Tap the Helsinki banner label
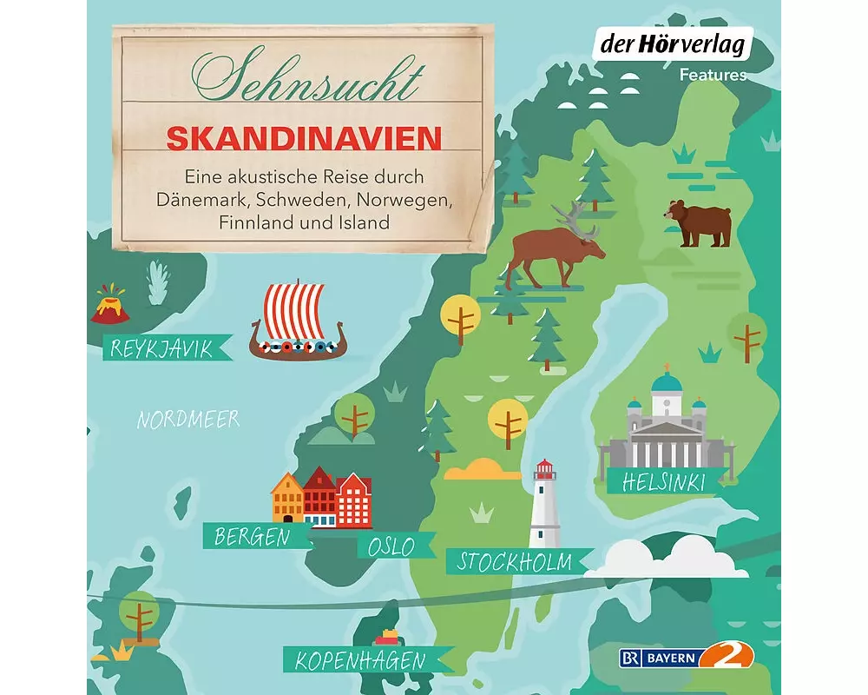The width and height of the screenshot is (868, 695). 663,481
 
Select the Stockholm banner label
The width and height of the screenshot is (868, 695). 516,561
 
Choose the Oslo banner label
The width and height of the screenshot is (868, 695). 391,547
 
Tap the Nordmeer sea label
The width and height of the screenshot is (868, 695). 188,420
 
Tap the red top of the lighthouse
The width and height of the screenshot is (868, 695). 545,471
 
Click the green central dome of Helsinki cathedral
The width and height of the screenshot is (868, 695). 667,382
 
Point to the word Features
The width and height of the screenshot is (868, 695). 713,76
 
